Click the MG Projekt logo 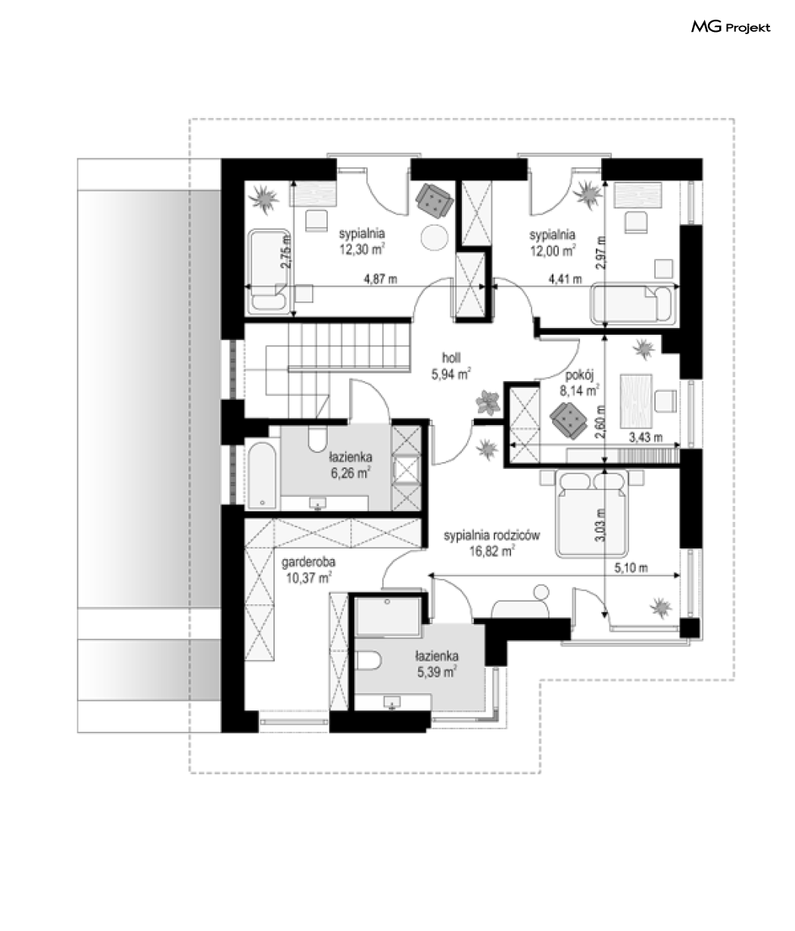[730, 27]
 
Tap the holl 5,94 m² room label [451, 366]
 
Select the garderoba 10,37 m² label [308, 570]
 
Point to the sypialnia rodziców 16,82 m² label [491, 543]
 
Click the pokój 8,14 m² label [579, 383]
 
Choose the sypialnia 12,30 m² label [362, 242]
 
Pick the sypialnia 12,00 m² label [553, 242]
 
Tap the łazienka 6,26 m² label [351, 465]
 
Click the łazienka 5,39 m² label [437, 664]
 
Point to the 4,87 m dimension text [380, 280]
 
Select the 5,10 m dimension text [631, 568]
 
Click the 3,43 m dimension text [646, 437]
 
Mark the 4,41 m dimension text [565, 280]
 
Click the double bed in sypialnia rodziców [591, 514]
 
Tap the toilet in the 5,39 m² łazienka [369, 661]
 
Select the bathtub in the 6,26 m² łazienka [262, 476]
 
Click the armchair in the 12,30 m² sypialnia [434, 201]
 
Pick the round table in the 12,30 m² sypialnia [435, 237]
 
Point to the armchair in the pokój [569, 420]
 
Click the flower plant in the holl [488, 402]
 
